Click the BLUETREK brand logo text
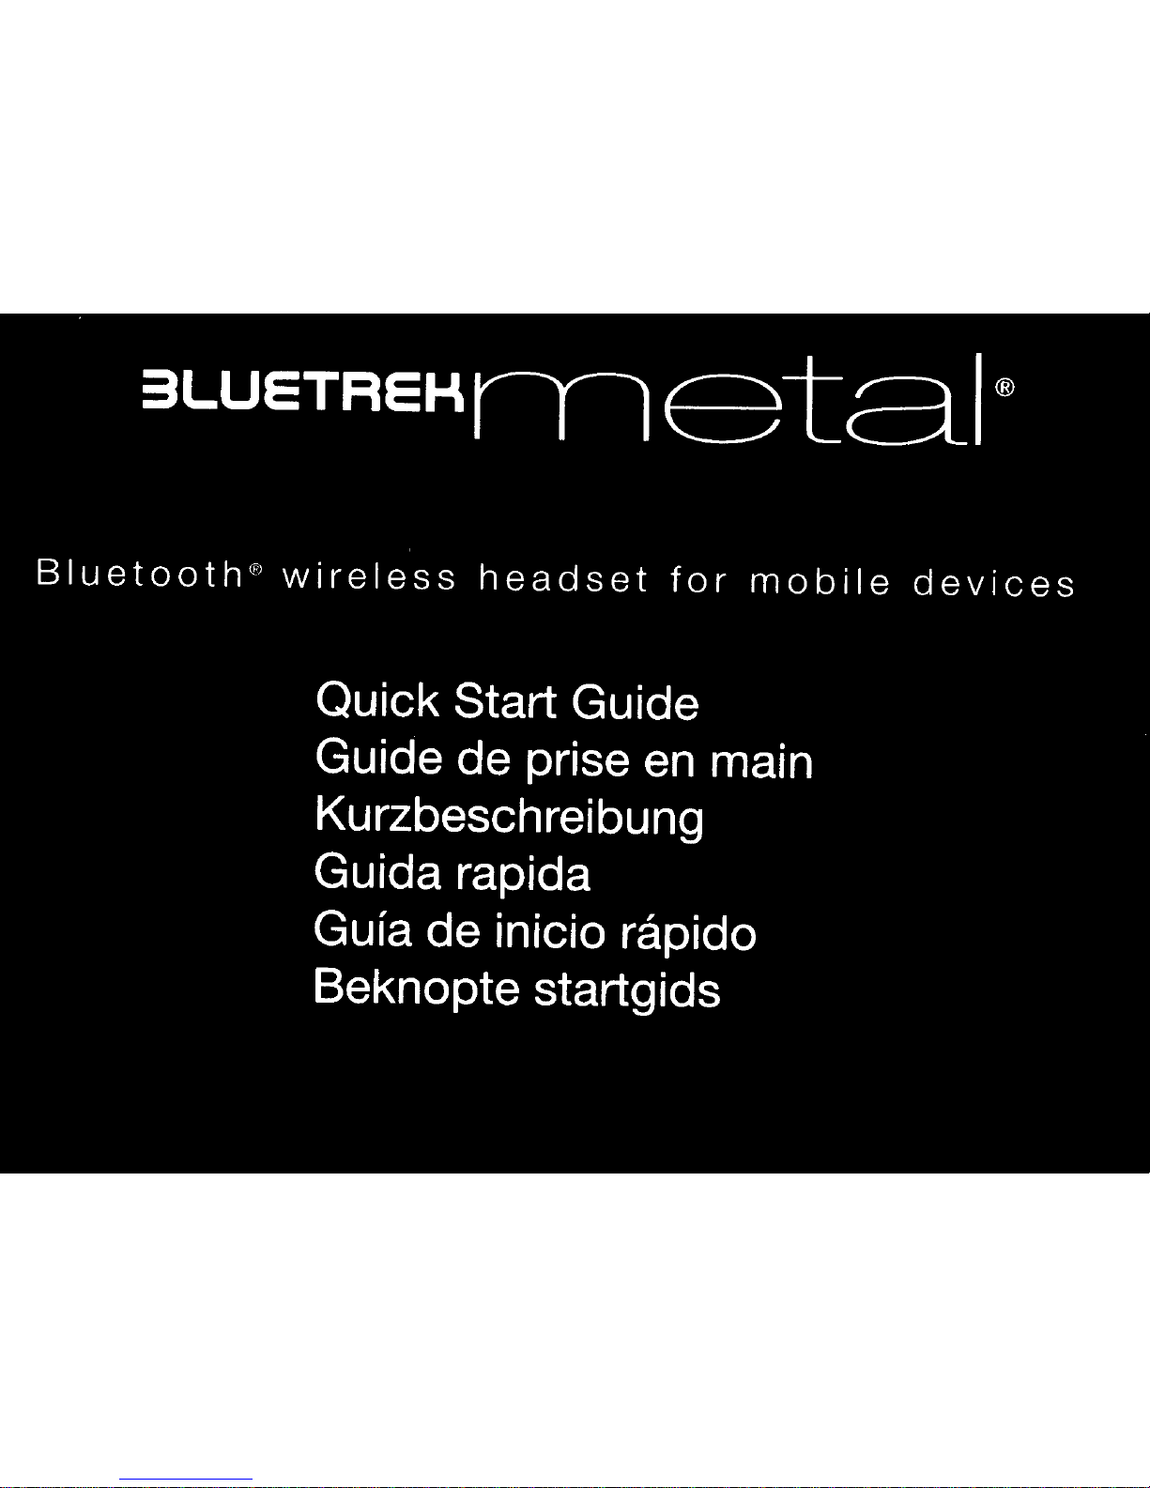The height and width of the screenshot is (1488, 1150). click(x=302, y=393)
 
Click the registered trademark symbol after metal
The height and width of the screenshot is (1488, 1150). click(x=1004, y=388)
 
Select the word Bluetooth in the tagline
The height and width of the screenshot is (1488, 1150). click(x=140, y=573)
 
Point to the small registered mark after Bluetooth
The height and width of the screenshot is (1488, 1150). click(x=255, y=568)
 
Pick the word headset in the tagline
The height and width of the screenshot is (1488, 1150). click(x=562, y=578)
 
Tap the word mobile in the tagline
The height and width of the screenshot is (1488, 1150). click(x=820, y=581)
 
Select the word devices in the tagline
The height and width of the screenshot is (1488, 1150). click(x=994, y=583)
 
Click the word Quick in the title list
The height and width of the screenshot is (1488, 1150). click(x=377, y=700)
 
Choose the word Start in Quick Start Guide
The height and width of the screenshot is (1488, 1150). click(x=505, y=701)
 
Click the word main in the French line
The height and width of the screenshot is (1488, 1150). click(x=761, y=761)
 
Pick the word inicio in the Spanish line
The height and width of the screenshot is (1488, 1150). click(x=550, y=931)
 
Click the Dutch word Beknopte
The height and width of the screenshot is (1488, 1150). click(x=416, y=988)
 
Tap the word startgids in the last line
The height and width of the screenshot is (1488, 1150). click(x=627, y=990)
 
